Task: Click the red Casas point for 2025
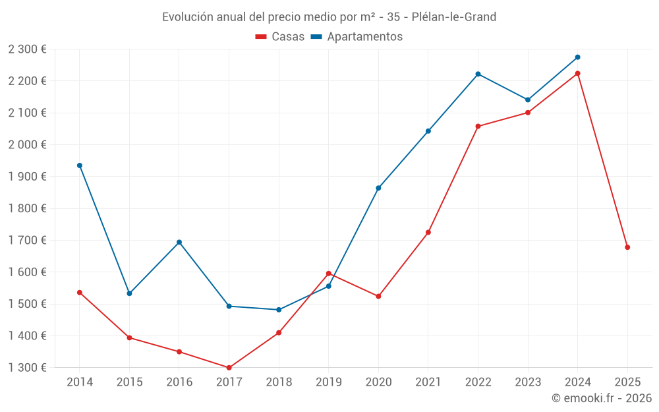pos(627,247)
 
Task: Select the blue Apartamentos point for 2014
pos(80,165)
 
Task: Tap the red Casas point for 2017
pos(229,368)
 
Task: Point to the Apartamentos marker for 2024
pos(577,57)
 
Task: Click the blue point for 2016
pos(179,242)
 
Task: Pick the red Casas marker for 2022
pos(478,127)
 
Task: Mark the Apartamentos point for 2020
pos(378,188)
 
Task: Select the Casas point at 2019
pos(328,274)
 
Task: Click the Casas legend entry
pos(280,37)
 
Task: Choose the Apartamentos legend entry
pos(357,37)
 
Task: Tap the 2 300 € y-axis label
pos(28,49)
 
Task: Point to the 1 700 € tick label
pos(28,240)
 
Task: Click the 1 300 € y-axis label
pos(28,368)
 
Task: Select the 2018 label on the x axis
pos(279,382)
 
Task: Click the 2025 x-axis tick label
pos(627,382)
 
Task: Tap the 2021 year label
pos(428,382)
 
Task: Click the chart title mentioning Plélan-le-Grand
pos(329,16)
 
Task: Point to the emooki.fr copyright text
pos(601,398)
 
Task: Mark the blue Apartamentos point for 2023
pos(528,100)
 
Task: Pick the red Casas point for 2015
pos(129,338)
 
